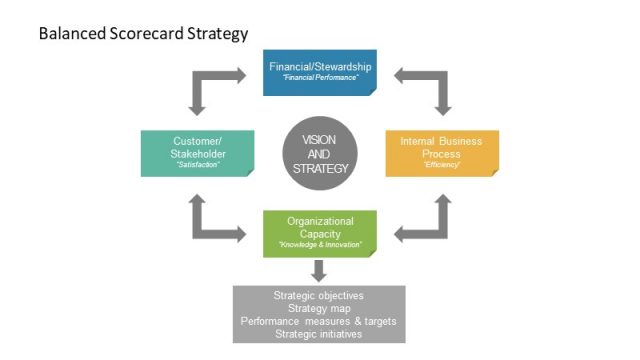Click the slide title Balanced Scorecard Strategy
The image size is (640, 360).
click(142, 33)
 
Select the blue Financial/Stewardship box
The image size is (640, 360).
click(319, 72)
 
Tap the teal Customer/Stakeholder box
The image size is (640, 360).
click(196, 152)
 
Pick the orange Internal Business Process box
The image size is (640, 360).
click(441, 152)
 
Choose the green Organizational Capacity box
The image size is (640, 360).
click(319, 232)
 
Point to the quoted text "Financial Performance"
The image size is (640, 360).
click(319, 77)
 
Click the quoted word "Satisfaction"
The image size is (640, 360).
click(196, 165)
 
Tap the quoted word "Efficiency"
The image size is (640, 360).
click(441, 165)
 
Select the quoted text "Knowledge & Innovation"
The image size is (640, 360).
click(319, 244)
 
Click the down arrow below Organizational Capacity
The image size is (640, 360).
click(319, 270)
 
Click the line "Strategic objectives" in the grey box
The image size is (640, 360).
click(319, 296)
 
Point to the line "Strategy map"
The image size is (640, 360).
click(319, 309)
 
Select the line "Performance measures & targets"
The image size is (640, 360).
click(319, 322)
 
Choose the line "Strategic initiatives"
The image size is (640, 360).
click(319, 335)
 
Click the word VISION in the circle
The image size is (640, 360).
click(320, 139)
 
